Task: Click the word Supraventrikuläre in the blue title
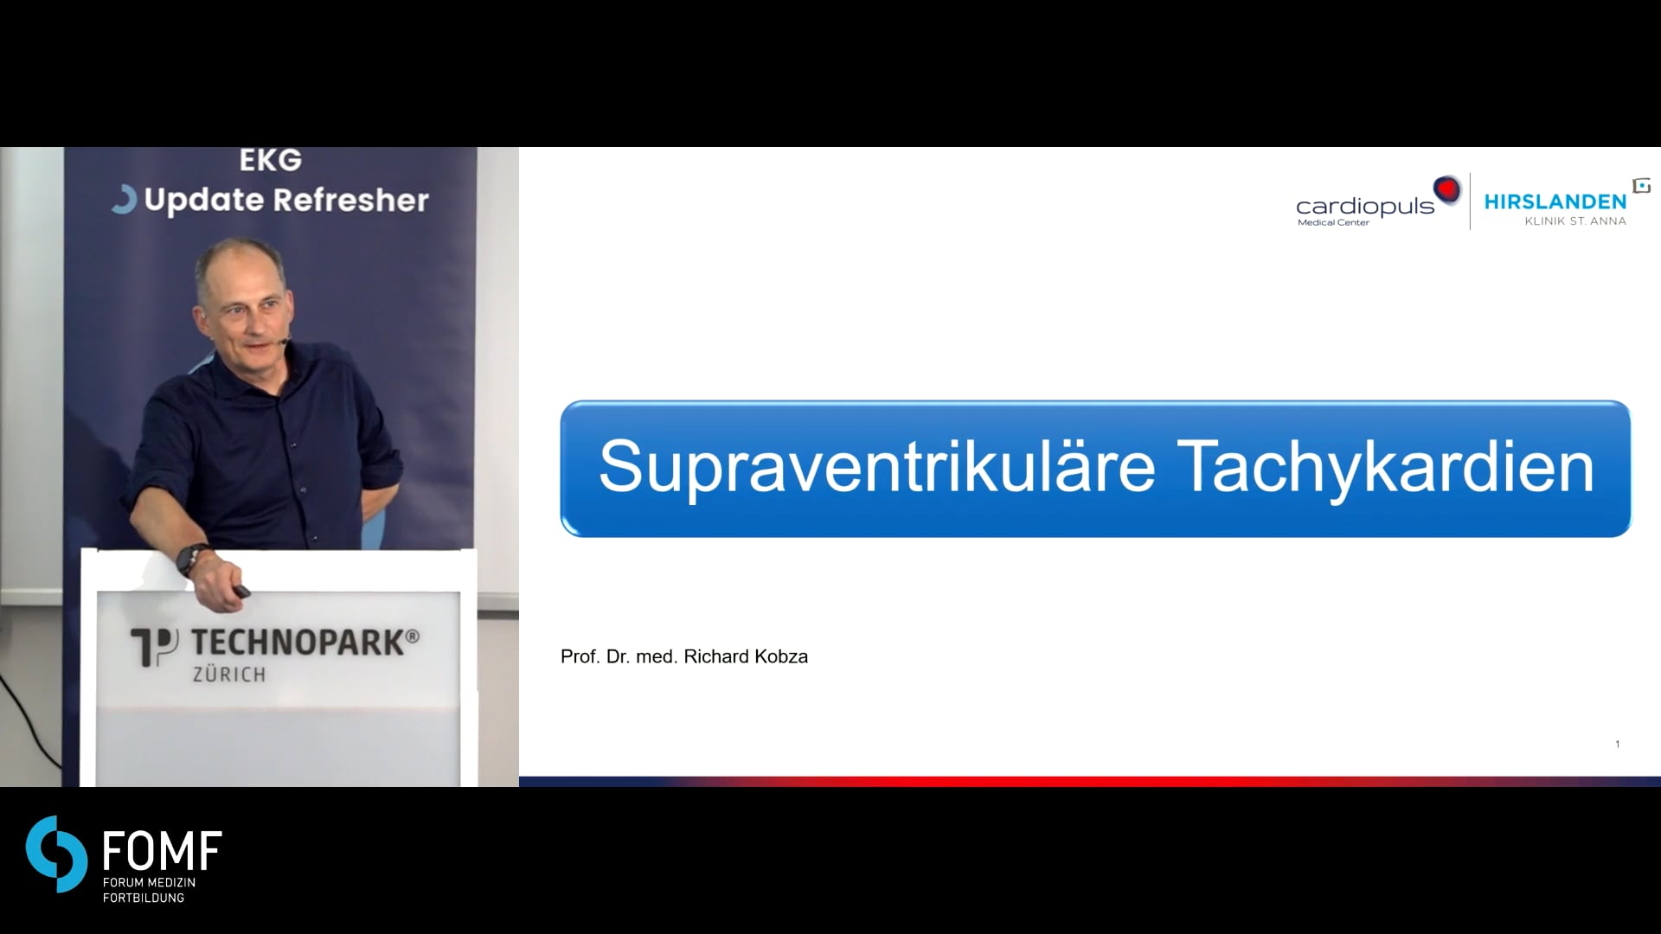(x=877, y=468)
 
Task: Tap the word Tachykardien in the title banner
(x=1386, y=468)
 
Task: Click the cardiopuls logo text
(x=1365, y=206)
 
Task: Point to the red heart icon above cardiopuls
(x=1446, y=189)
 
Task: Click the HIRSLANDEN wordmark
(x=1555, y=202)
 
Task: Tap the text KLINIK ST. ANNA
(x=1575, y=221)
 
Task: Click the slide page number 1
(x=1617, y=744)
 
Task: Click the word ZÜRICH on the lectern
(x=229, y=674)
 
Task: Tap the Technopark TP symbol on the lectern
(x=154, y=647)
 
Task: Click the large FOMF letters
(x=163, y=851)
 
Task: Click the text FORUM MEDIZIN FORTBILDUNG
(x=149, y=890)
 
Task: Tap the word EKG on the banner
(x=271, y=161)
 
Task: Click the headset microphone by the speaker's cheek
(x=286, y=340)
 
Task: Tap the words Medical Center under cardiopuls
(x=1333, y=223)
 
